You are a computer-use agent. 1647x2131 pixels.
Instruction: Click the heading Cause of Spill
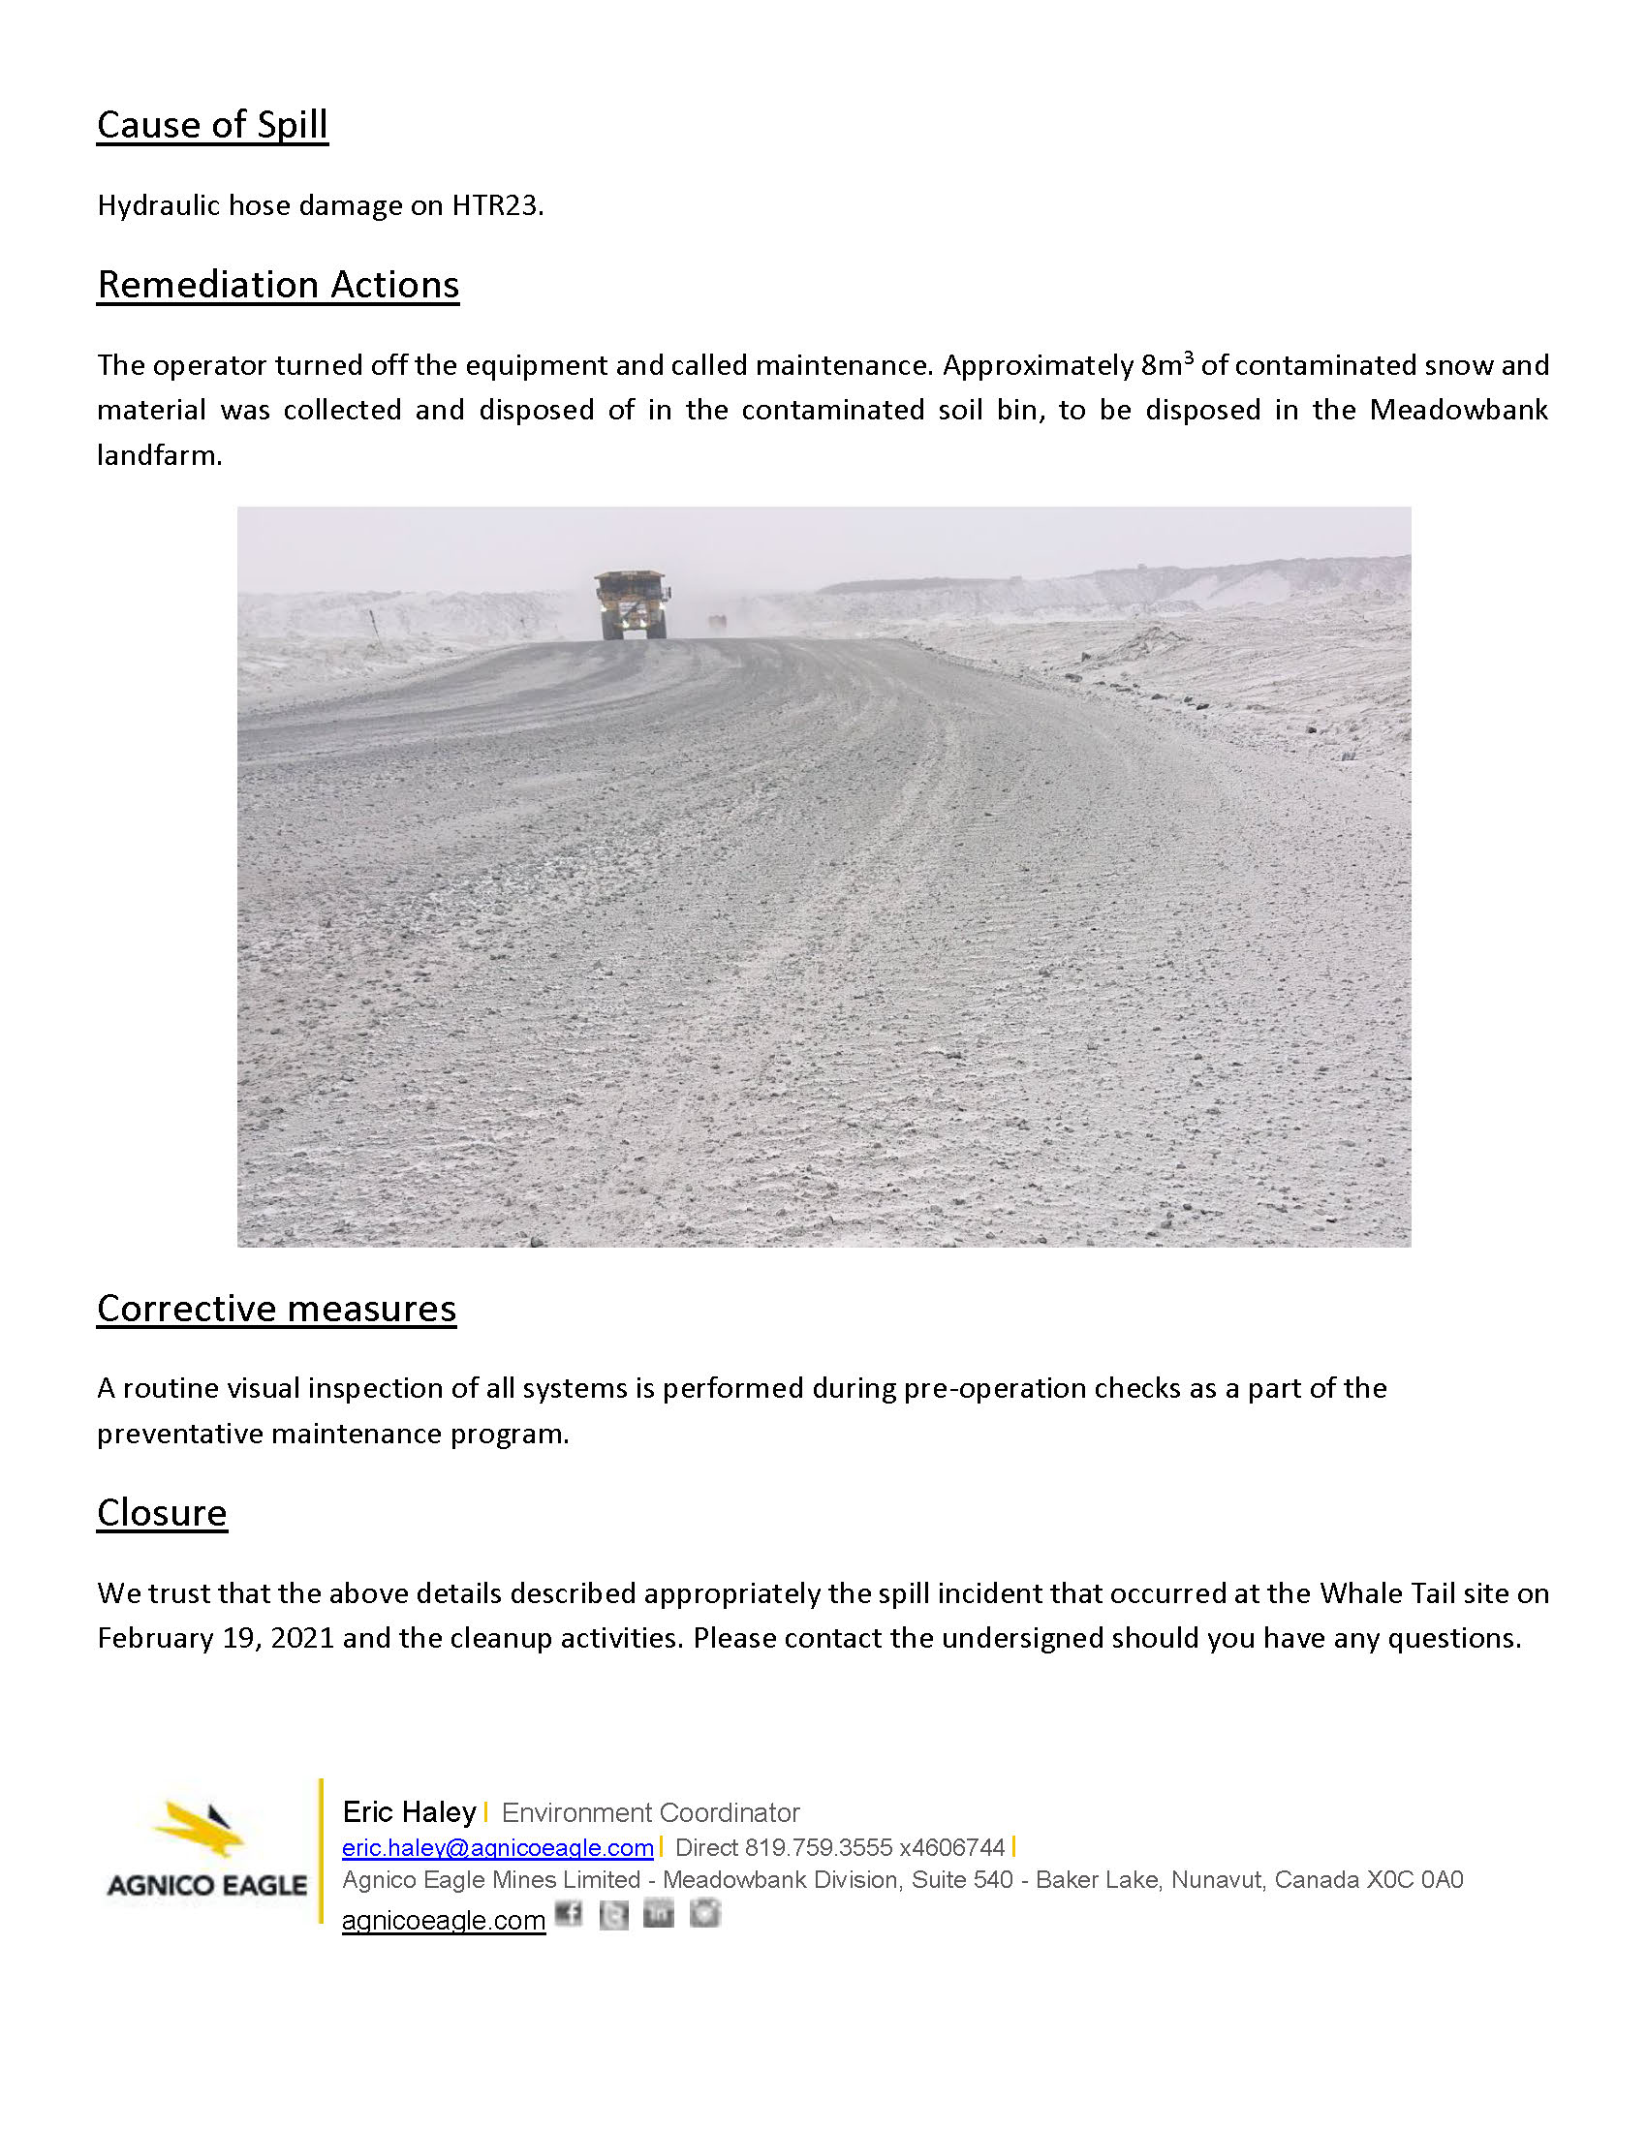click(x=212, y=125)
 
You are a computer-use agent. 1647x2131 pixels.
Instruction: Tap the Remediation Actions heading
click(x=278, y=285)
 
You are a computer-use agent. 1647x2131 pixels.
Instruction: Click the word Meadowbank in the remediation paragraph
click(x=1458, y=410)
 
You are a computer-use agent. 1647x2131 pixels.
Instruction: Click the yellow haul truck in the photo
click(x=633, y=605)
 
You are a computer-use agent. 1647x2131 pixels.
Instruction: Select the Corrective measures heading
click(x=276, y=1309)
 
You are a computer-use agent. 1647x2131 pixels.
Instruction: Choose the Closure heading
click(x=162, y=1513)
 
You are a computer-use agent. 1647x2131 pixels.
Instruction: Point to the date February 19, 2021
click(x=216, y=1638)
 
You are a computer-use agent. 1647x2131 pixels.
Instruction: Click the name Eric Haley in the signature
click(x=409, y=1812)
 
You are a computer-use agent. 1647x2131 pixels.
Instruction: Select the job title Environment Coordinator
click(x=650, y=1813)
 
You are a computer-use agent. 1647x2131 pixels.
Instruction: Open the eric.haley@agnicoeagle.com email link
click(x=498, y=1847)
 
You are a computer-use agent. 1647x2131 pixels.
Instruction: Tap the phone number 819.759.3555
click(x=819, y=1847)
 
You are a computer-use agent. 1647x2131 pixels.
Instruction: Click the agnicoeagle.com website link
click(x=443, y=1920)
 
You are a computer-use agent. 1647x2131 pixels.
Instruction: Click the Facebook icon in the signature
click(x=569, y=1914)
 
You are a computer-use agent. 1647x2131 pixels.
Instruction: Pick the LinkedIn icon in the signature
click(x=659, y=1914)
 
